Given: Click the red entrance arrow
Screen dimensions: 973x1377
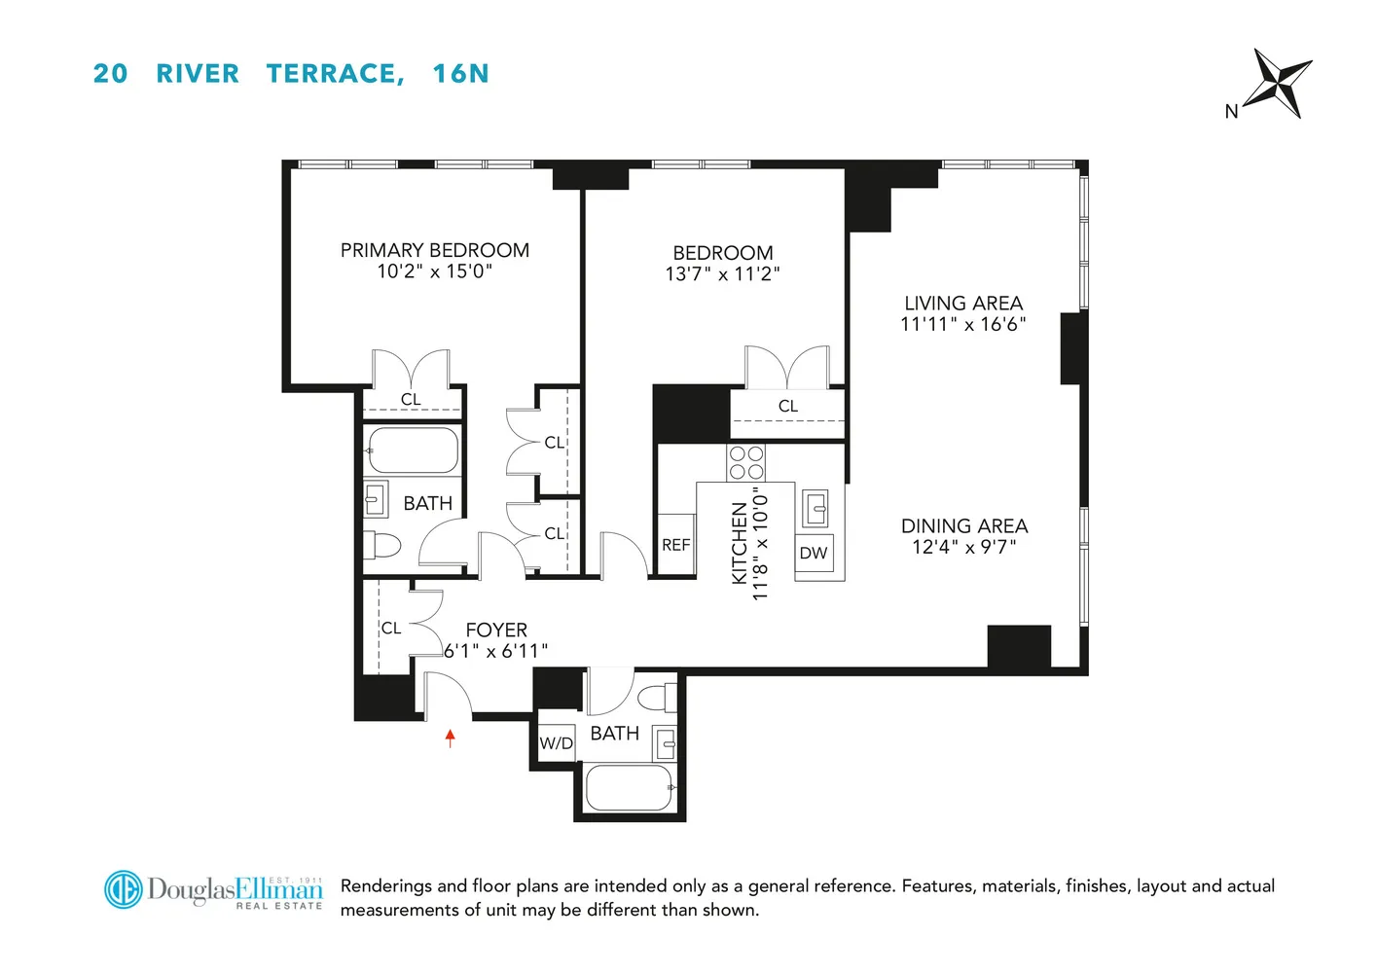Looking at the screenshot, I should [451, 739].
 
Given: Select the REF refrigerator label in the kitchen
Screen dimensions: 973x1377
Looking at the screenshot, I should [675, 545].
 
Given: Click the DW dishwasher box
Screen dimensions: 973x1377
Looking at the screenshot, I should [814, 554].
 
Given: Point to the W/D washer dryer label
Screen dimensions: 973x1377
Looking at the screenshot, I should [556, 743].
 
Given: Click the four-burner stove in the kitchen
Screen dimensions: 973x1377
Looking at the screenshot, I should [746, 462].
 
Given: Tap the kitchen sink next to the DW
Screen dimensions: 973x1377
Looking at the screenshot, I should [815, 507].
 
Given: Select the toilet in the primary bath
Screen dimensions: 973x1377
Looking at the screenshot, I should [382, 546].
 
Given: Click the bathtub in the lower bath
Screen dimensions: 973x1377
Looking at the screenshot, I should [630, 787].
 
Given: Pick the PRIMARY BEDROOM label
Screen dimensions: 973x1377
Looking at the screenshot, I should [435, 250].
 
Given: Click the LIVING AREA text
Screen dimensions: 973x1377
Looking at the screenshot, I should [963, 304].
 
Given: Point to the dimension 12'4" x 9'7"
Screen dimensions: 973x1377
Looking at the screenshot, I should [963, 547].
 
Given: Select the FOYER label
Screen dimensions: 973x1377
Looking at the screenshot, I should [496, 630].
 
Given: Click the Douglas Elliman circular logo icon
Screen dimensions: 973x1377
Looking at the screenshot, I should [124, 889].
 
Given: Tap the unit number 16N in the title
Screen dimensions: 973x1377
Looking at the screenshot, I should [460, 74].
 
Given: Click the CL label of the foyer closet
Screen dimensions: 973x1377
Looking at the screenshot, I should [391, 629].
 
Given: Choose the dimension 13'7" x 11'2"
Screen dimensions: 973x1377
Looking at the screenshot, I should [722, 274].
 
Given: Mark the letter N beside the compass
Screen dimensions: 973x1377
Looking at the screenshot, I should [1231, 112].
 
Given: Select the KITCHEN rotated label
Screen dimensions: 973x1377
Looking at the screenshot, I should [739, 543].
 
